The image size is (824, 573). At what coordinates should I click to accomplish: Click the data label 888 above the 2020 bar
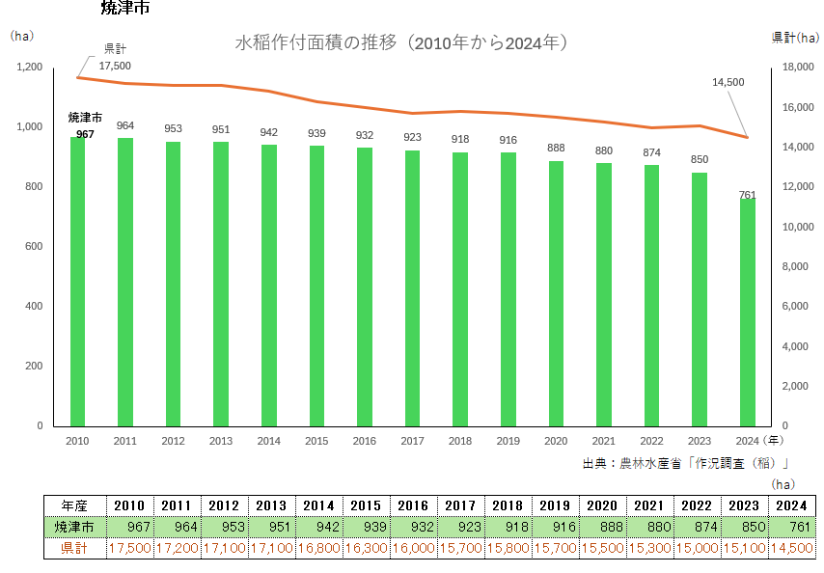coord(556,148)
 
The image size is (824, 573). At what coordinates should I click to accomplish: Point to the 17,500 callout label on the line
coord(115,66)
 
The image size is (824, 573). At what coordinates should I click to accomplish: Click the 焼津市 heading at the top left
coord(124,9)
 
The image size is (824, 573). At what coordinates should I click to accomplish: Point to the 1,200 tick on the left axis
coord(30,67)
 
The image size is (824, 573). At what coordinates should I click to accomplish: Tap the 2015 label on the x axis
coord(316,441)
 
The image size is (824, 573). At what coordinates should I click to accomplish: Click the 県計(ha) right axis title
coord(796,37)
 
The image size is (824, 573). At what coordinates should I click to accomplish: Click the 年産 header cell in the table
coord(74,505)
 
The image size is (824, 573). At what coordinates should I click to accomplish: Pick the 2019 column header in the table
coord(555,505)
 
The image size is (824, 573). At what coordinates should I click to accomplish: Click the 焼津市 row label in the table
coord(74,527)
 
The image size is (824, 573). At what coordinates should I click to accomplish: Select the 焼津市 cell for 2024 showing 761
coord(791,527)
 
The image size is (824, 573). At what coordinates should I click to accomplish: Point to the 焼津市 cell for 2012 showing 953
coord(224,527)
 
